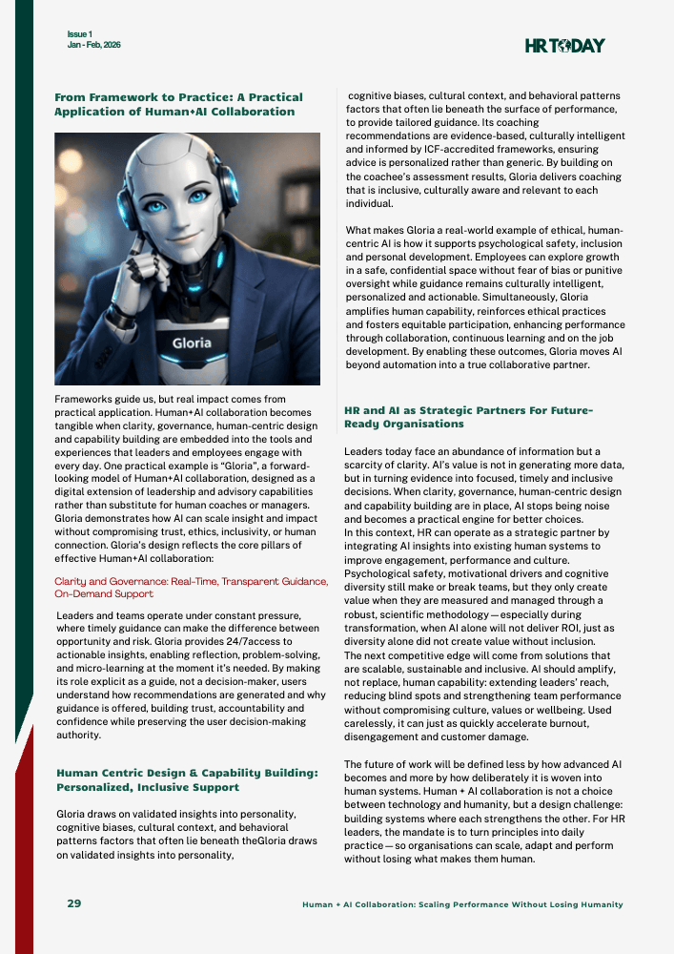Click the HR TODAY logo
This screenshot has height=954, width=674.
(x=564, y=45)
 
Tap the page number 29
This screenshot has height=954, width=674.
(x=73, y=902)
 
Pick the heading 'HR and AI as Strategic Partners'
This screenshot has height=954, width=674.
(x=468, y=416)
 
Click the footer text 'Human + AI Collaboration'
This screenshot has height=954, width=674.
(x=462, y=903)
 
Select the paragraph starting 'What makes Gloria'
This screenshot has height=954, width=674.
(x=484, y=298)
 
